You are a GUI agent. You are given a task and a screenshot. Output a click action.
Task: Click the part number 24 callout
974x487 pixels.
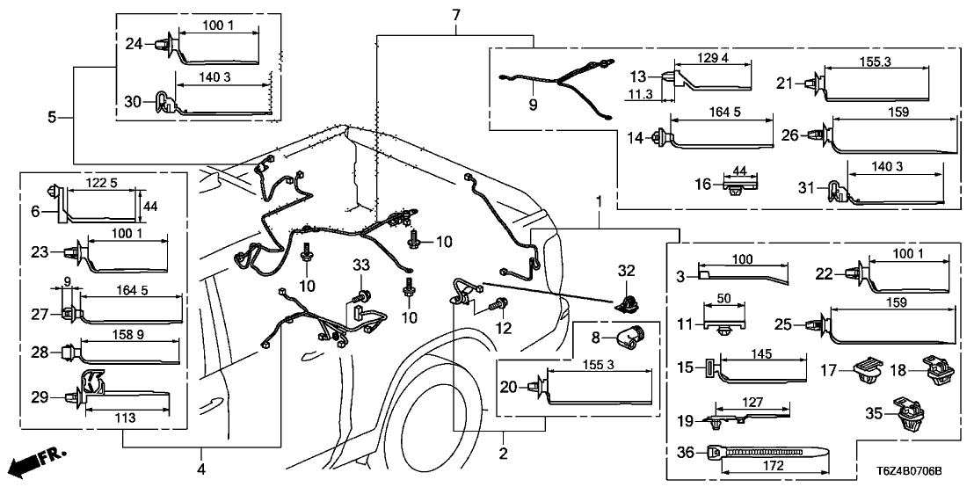tap(133, 41)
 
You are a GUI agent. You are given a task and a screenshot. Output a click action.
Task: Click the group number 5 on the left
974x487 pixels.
tap(52, 116)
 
